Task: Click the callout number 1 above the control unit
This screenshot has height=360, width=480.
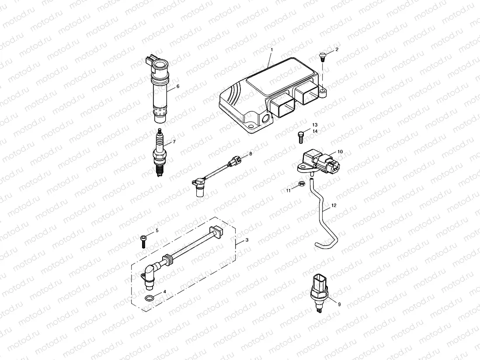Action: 271,50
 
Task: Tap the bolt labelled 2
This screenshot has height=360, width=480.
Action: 322,55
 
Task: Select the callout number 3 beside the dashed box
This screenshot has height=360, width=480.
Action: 247,240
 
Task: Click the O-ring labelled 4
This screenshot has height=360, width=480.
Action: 150,299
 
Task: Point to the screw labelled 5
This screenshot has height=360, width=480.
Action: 144,240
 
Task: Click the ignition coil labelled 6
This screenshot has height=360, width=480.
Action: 160,90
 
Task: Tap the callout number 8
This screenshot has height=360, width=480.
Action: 250,154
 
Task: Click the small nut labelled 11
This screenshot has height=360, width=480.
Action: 302,184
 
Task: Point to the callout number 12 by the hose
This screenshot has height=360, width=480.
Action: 334,205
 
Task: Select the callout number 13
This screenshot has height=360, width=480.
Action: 315,125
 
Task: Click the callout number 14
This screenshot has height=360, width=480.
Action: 315,131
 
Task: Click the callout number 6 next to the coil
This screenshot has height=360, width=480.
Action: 178,86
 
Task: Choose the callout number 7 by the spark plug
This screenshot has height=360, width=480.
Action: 174,142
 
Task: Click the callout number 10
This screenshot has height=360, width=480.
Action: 340,152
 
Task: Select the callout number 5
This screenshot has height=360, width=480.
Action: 157,230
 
